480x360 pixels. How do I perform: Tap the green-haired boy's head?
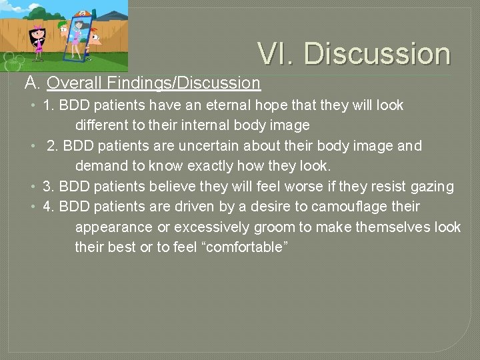pos(63,29)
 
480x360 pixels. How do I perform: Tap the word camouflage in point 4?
pos(352,207)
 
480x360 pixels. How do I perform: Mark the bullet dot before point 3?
pos(33,187)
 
